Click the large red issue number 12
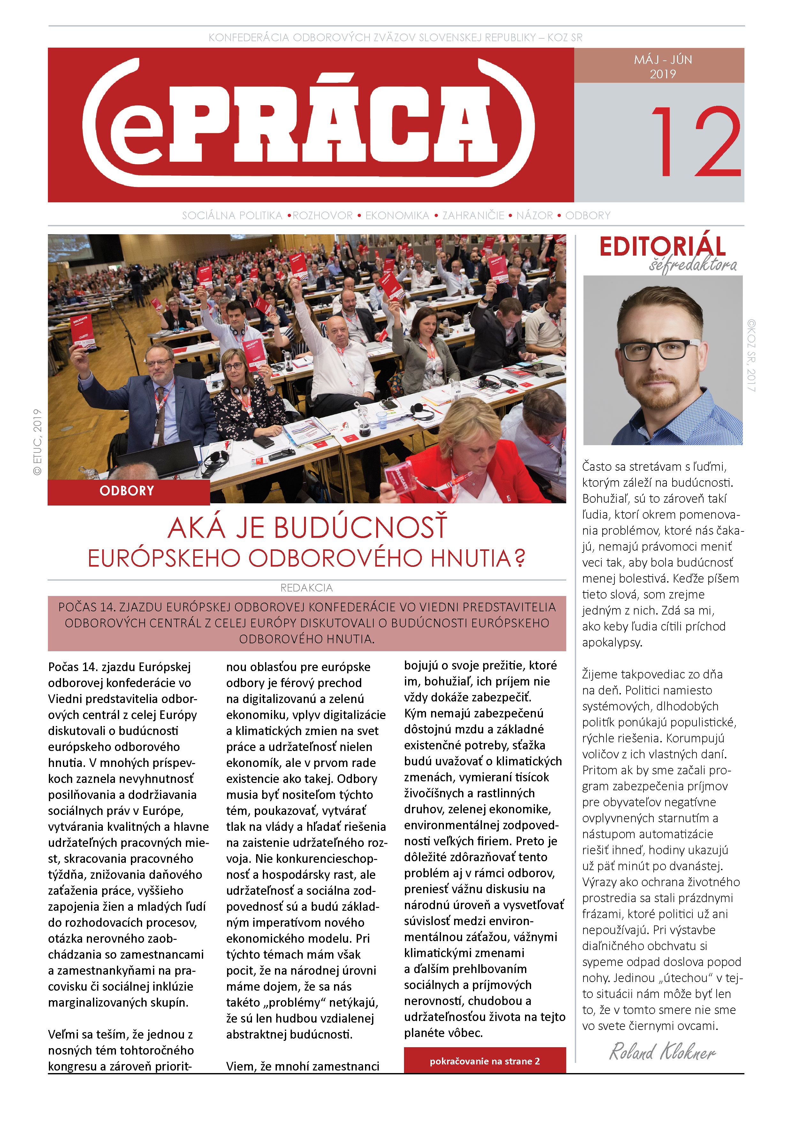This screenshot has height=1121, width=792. (x=695, y=142)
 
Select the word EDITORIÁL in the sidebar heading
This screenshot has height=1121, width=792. (x=662, y=247)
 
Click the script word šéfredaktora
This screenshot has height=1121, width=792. (x=692, y=265)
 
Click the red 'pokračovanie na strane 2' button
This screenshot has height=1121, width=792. (x=484, y=1061)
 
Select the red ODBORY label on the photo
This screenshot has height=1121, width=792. (x=127, y=491)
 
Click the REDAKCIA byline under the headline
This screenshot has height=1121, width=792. (x=307, y=588)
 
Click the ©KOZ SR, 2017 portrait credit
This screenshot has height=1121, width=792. (x=751, y=355)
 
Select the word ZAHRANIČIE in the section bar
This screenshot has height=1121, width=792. (x=473, y=215)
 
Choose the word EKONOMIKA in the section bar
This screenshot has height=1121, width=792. (x=397, y=215)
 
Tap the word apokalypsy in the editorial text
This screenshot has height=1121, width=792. (x=612, y=643)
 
